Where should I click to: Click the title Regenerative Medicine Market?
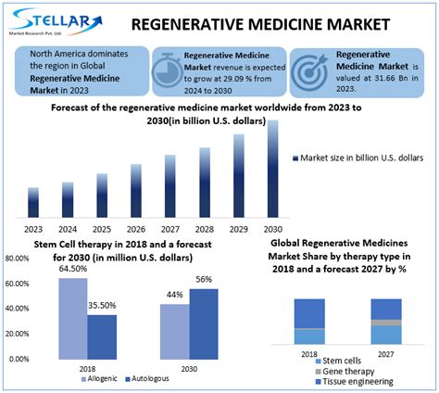(279, 22)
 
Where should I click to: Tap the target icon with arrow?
(309, 70)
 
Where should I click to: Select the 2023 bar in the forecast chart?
(33, 201)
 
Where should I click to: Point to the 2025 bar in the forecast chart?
(101, 193)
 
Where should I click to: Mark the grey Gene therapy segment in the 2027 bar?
(386, 323)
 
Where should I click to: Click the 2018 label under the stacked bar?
(310, 352)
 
